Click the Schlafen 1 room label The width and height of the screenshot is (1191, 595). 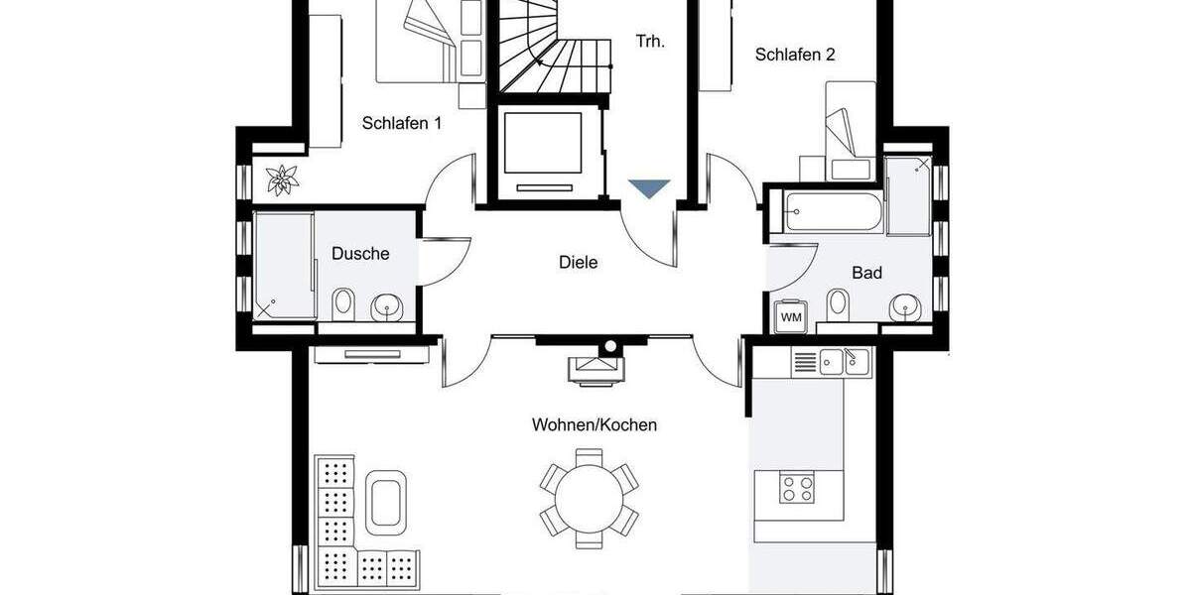[402, 124]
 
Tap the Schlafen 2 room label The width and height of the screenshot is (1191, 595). [794, 55]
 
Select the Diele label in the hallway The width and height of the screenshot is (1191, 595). [579, 263]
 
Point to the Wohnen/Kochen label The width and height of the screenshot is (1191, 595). [595, 424]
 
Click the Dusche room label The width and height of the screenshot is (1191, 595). [360, 254]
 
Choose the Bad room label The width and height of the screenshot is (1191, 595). [866, 273]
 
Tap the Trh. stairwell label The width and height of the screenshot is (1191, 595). [650, 42]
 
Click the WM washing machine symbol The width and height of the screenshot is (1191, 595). [791, 316]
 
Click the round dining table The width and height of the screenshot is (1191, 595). [590, 492]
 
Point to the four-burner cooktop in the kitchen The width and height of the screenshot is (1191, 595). [797, 490]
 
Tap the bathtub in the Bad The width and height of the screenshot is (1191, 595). [833, 213]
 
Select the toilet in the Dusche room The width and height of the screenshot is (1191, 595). [343, 303]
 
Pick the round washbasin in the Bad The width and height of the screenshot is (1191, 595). [904, 306]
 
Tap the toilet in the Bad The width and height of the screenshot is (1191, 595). [839, 304]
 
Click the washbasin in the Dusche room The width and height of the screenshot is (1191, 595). [386, 308]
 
